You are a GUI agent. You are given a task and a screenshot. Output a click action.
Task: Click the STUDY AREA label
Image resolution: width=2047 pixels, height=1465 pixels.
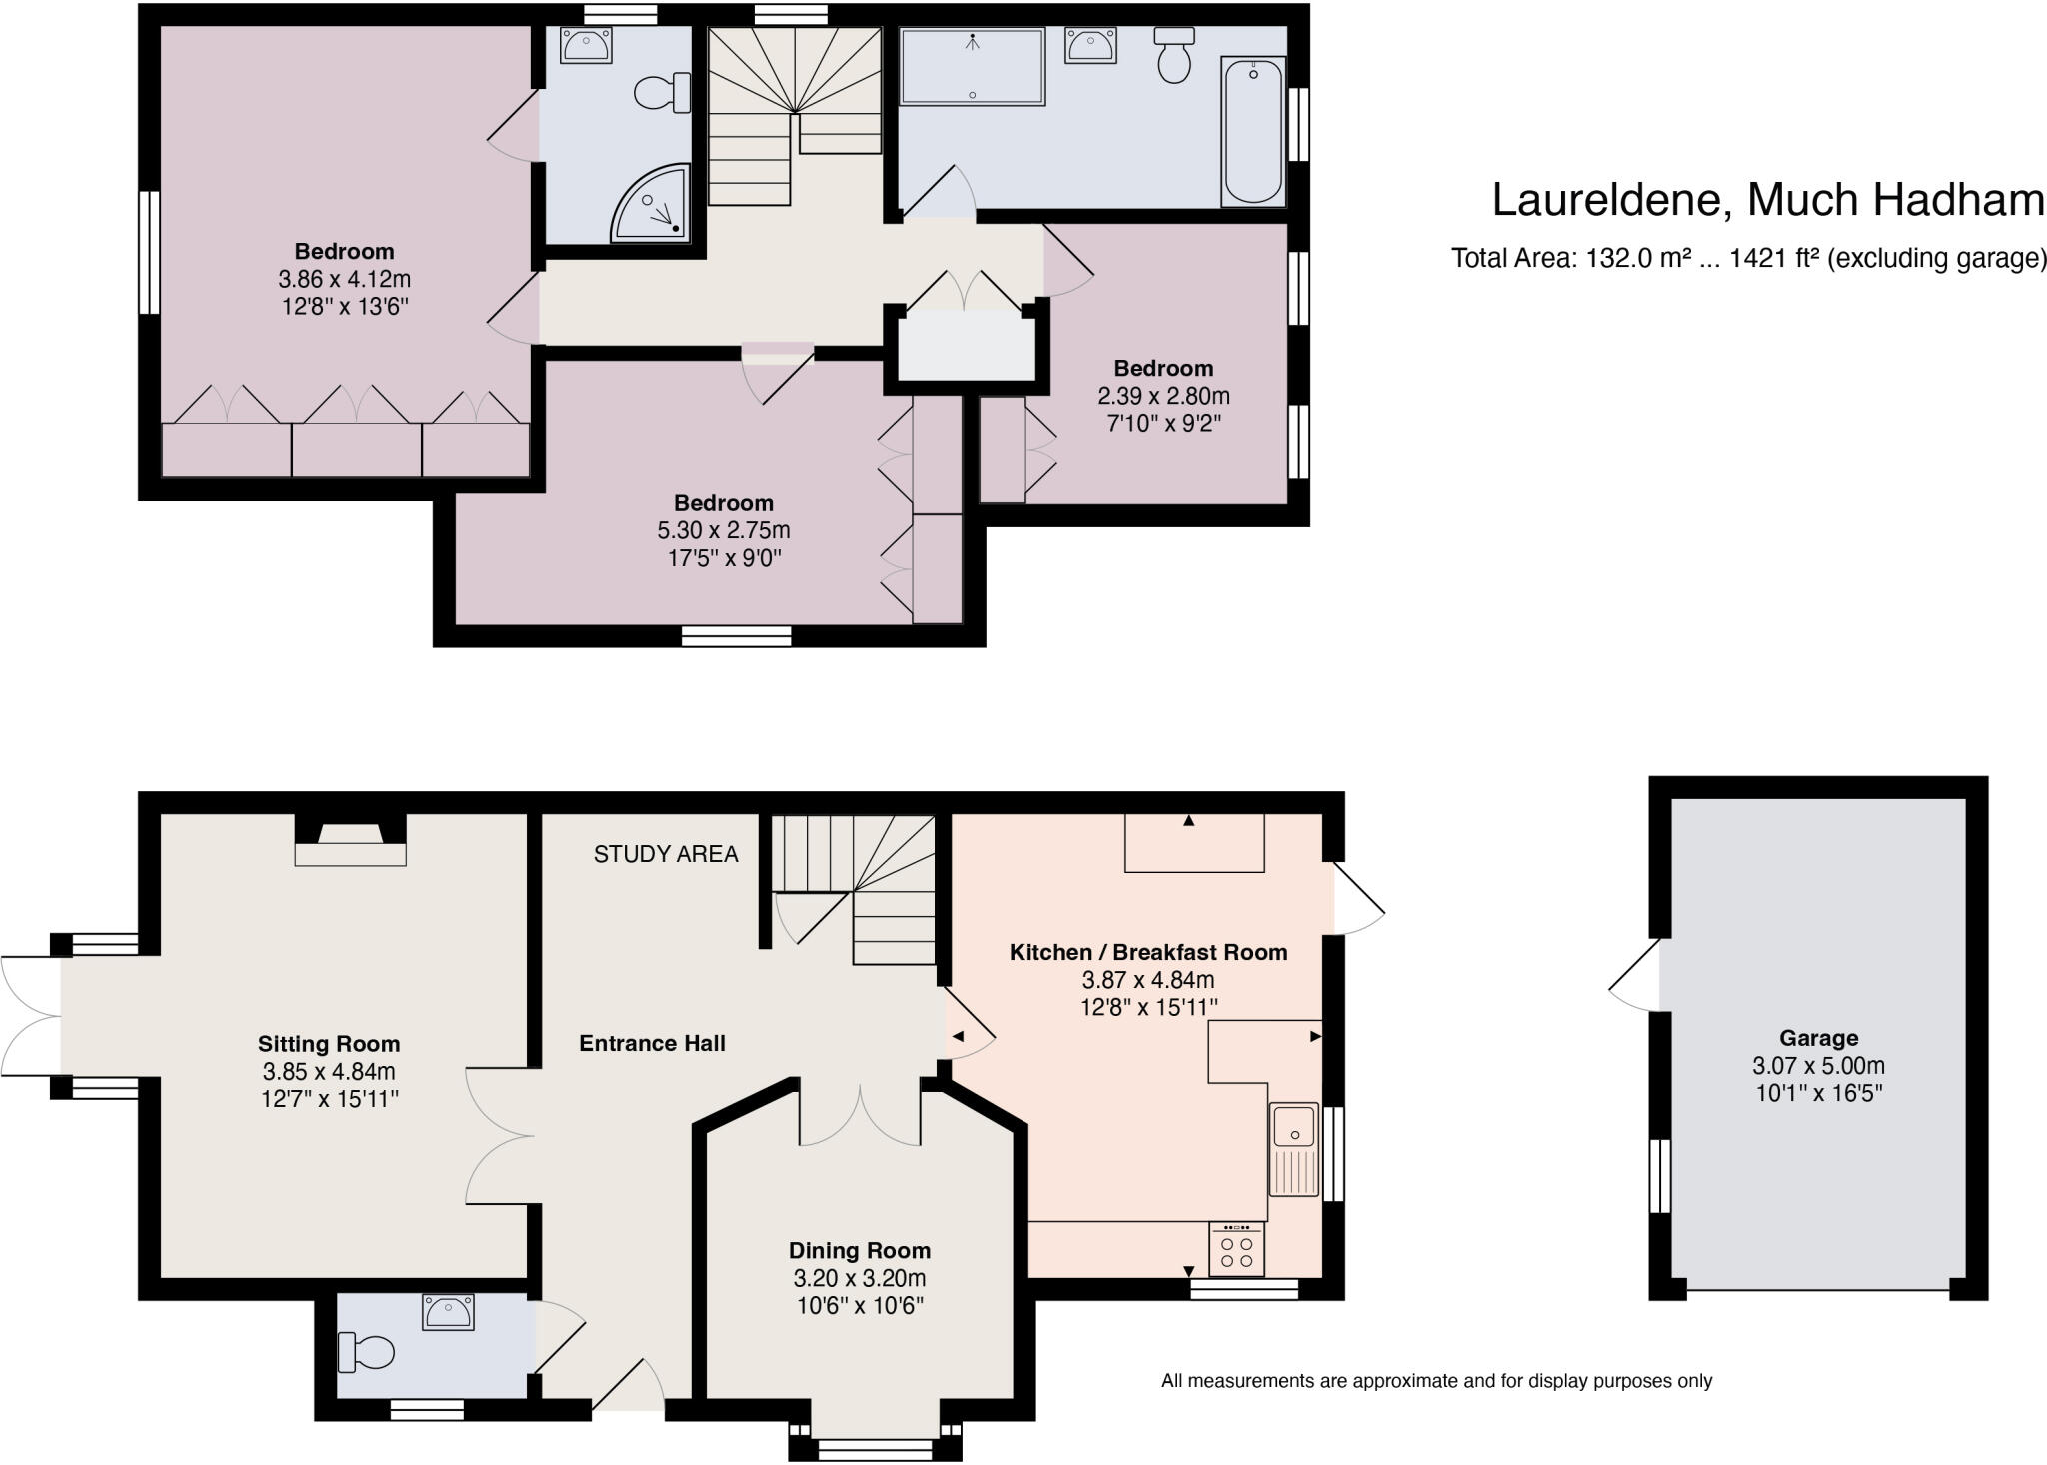pyautogui.click(x=666, y=854)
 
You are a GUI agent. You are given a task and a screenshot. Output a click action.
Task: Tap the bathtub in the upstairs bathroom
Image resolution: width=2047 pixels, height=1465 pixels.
pyautogui.click(x=1253, y=131)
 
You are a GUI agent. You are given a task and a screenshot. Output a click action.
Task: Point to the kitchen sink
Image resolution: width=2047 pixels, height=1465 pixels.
pyautogui.click(x=1294, y=1149)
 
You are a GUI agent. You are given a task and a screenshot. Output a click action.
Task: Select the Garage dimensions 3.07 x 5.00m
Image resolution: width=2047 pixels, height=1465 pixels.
pyautogui.click(x=1818, y=1066)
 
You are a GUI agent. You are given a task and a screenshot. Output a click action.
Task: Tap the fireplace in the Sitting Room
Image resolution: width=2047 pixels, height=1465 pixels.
pyautogui.click(x=350, y=841)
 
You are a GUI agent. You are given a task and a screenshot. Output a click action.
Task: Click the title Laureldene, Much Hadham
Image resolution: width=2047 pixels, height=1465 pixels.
pyautogui.click(x=1767, y=200)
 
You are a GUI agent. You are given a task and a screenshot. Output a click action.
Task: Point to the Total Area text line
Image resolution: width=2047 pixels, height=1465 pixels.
pyautogui.click(x=1748, y=259)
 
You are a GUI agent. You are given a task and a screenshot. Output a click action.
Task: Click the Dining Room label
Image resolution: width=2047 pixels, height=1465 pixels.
pyautogui.click(x=859, y=1250)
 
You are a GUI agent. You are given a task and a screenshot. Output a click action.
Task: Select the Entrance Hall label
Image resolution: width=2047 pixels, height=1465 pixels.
pyautogui.click(x=652, y=1043)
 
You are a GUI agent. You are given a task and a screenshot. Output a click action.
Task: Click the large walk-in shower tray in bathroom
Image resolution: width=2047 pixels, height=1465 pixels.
pyautogui.click(x=972, y=67)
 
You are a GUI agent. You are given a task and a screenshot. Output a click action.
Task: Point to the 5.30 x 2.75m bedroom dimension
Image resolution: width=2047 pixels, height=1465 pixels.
pyautogui.click(x=723, y=530)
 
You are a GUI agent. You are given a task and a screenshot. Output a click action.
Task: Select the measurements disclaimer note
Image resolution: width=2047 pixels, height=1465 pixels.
pyautogui.click(x=1436, y=1381)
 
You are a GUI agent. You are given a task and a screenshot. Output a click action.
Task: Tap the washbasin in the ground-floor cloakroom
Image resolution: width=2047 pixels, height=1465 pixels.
pyautogui.click(x=448, y=1311)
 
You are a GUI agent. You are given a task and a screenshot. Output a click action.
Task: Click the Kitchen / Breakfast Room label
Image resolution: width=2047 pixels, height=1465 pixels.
pyautogui.click(x=1147, y=952)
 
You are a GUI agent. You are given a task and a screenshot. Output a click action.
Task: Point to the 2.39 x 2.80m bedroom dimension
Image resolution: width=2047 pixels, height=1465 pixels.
pyautogui.click(x=1163, y=396)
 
